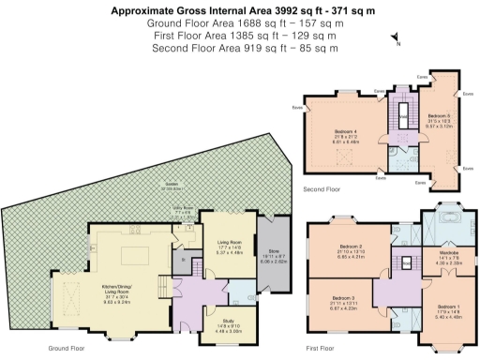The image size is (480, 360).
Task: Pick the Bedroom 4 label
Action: click(346, 131)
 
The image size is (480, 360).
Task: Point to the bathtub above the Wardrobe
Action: click(441, 225)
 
